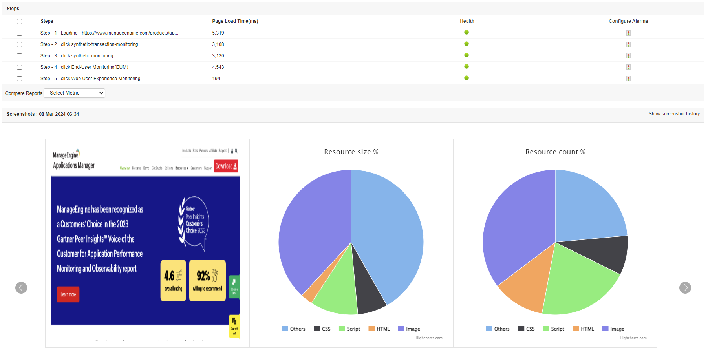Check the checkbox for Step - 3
19,56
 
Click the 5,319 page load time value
218,33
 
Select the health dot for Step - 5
467,78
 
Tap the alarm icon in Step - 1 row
628,33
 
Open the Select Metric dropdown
75,93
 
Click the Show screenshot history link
674,114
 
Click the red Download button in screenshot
226,166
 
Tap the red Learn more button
68,294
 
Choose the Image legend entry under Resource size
409,329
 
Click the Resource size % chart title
351,152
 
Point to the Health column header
467,21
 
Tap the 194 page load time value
216,79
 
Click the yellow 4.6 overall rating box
173,280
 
